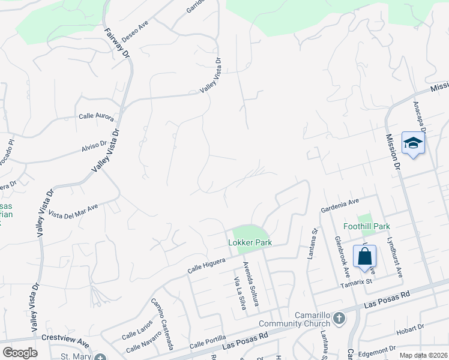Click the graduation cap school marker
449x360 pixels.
pyautogui.click(x=413, y=143)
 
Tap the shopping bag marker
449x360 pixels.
pyautogui.click(x=364, y=257)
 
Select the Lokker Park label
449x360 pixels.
pyautogui.click(x=250, y=242)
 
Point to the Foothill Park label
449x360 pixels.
pyautogui.click(x=366, y=226)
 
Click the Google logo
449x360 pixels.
pyautogui.click(x=20, y=353)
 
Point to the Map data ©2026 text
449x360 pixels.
pyautogui.click(x=423, y=355)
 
